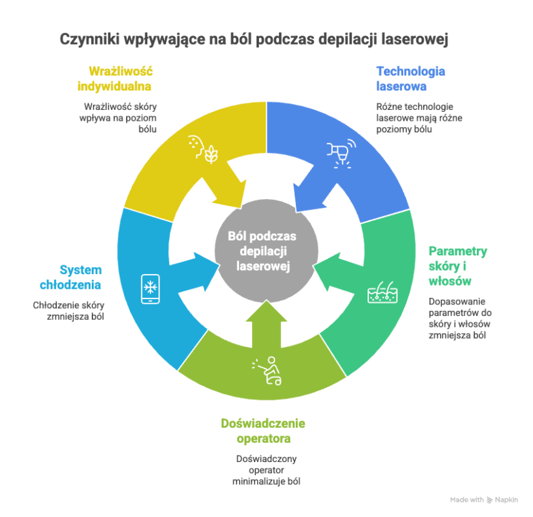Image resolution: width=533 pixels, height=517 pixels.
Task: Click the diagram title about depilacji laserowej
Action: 254,39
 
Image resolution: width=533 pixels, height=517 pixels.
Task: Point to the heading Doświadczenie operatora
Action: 262,431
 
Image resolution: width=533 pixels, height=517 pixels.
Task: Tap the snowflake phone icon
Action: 150,288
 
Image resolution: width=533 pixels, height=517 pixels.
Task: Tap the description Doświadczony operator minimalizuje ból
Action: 267,470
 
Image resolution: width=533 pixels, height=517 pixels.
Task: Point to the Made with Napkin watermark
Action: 488,500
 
